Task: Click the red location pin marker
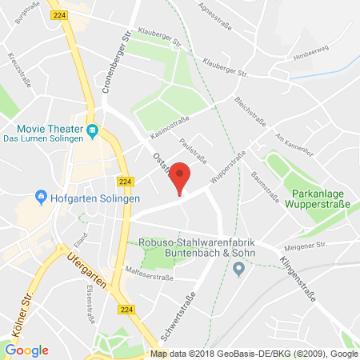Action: click(182, 177)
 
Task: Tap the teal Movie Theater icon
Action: click(92, 130)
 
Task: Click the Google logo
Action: click(26, 350)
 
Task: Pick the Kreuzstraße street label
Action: click(14, 65)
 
